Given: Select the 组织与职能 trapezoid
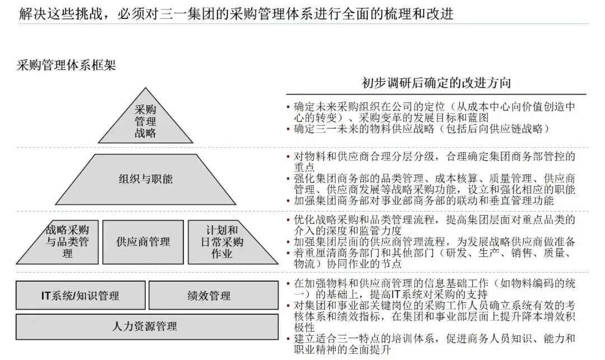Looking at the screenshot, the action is (x=146, y=179).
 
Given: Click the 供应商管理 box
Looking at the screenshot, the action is (x=143, y=242).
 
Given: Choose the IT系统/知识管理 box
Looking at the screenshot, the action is (x=80, y=296).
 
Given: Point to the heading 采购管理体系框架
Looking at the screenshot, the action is (x=66, y=65).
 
